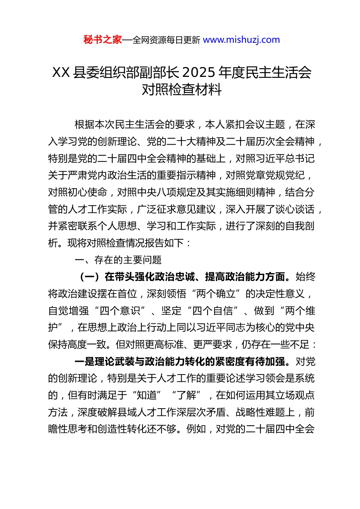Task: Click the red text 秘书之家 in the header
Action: click(103, 40)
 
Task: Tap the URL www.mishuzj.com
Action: click(241, 40)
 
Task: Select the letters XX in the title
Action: click(61, 72)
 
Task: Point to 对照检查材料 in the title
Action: click(182, 90)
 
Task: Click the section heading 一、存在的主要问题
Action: click(118, 260)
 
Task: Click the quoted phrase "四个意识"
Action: click(122, 311)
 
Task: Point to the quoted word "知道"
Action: click(147, 395)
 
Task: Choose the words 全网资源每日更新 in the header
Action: click(166, 40)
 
